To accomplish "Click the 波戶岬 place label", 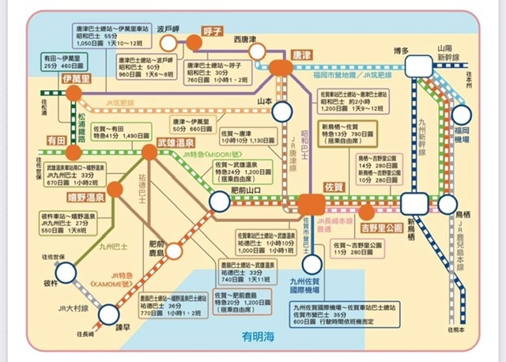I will tap(171, 25).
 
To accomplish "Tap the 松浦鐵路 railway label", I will tap(81, 126).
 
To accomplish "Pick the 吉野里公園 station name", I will tap(380, 213).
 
